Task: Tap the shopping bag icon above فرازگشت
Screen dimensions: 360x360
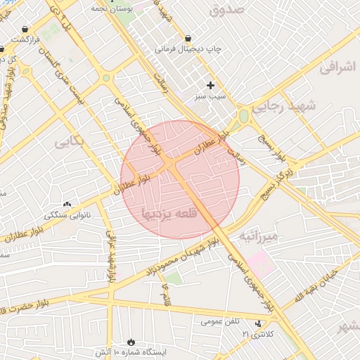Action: (x=25, y=30)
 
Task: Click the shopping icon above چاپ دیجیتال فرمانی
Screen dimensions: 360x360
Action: (x=188, y=38)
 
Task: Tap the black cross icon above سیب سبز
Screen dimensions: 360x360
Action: (x=210, y=85)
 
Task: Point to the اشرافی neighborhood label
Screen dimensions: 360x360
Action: (x=339, y=67)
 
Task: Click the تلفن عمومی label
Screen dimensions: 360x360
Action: (x=219, y=321)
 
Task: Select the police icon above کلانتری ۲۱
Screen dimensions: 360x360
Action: (x=260, y=323)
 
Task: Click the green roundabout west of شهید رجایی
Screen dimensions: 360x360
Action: (x=244, y=116)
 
